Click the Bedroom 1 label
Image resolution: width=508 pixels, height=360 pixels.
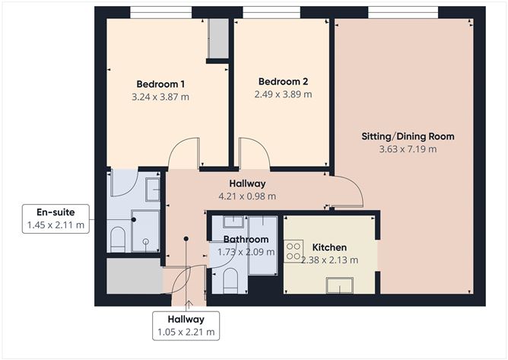click(160, 84)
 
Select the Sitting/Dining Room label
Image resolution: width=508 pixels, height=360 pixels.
click(407, 137)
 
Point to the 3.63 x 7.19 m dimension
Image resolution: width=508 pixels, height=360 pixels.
click(407, 149)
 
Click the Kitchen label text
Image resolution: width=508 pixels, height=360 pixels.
click(329, 247)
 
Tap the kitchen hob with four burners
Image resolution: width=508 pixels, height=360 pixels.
click(293, 251)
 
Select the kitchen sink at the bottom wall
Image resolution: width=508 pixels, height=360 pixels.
click(339, 285)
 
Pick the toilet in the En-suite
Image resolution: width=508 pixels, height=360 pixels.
click(118, 239)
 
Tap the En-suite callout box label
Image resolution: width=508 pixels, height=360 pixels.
click(55, 212)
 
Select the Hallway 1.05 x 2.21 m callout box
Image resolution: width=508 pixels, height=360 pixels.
click(186, 325)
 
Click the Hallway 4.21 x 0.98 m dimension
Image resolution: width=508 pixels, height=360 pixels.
click(247, 196)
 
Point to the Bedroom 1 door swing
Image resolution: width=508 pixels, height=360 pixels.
click(184, 155)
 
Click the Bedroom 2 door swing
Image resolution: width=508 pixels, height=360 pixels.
click(252, 154)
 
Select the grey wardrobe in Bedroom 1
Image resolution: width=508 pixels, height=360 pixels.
click(217, 37)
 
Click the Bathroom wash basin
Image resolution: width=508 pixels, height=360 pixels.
click(234, 222)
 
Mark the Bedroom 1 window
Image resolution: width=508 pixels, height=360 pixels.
click(160, 12)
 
